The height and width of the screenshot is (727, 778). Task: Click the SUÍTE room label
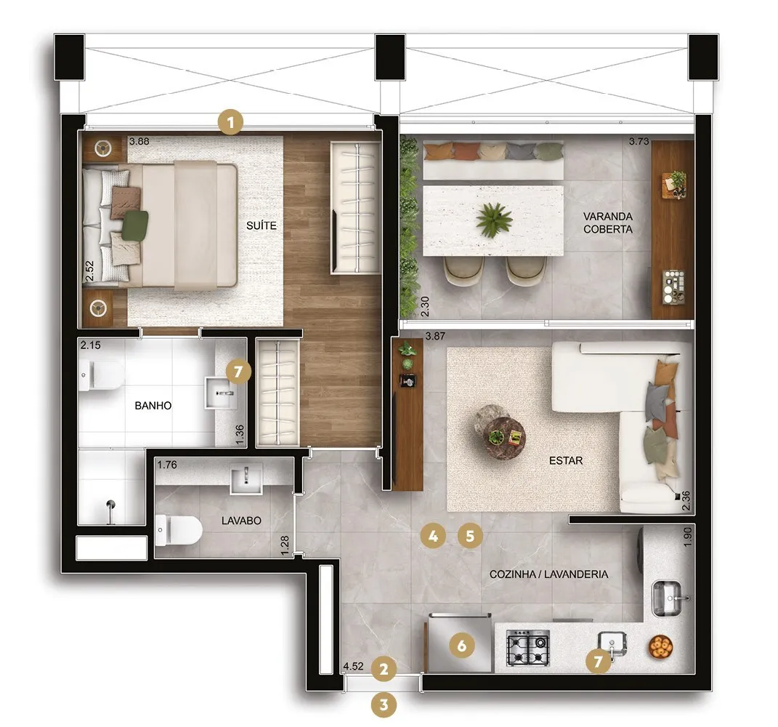[262, 225]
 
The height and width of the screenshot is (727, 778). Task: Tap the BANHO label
[153, 406]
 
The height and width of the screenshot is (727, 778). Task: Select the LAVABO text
[241, 521]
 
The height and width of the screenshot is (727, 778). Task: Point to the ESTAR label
[566, 461]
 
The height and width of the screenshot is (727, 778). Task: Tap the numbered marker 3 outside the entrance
[384, 704]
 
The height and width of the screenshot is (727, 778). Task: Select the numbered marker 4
[433, 537]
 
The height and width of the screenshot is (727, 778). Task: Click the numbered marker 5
[470, 537]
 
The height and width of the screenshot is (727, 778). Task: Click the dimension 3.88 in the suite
[139, 142]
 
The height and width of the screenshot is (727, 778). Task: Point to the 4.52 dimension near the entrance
[353, 666]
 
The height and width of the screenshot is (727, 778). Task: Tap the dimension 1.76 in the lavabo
[167, 465]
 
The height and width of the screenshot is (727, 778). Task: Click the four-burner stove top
[528, 648]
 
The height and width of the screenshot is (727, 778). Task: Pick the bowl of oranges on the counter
[660, 647]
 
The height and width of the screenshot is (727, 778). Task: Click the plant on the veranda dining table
[494, 220]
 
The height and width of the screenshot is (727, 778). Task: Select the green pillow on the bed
[135, 225]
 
